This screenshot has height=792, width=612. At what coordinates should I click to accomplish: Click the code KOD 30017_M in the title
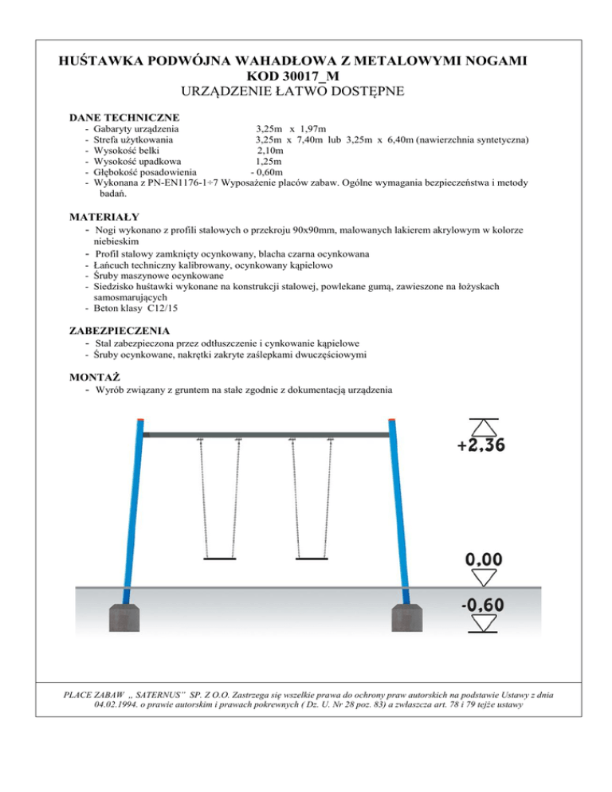(306, 76)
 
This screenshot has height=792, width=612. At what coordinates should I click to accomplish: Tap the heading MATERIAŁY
(104, 216)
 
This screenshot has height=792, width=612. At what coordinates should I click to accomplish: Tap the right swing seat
(312, 558)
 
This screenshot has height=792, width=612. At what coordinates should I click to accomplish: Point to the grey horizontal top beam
(266, 433)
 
